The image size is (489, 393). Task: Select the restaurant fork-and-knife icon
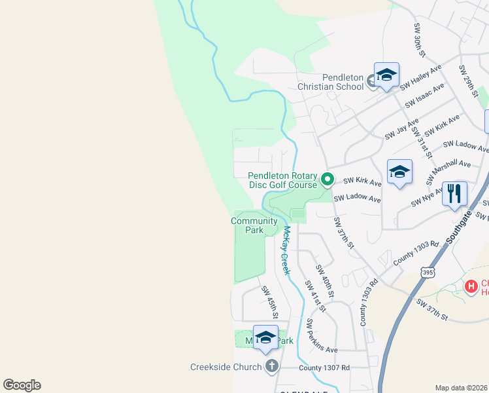[454, 194]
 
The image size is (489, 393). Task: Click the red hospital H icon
[470, 286]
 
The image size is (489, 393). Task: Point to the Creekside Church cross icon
[272, 367]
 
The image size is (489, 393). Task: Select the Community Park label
[249, 225]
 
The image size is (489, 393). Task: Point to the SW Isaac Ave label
[425, 95]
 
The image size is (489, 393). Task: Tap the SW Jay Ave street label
[401, 129]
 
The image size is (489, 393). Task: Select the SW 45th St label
[270, 302]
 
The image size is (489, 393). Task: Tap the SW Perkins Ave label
[322, 335]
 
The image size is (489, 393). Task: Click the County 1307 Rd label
[324, 367]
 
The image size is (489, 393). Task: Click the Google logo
[22, 385]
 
